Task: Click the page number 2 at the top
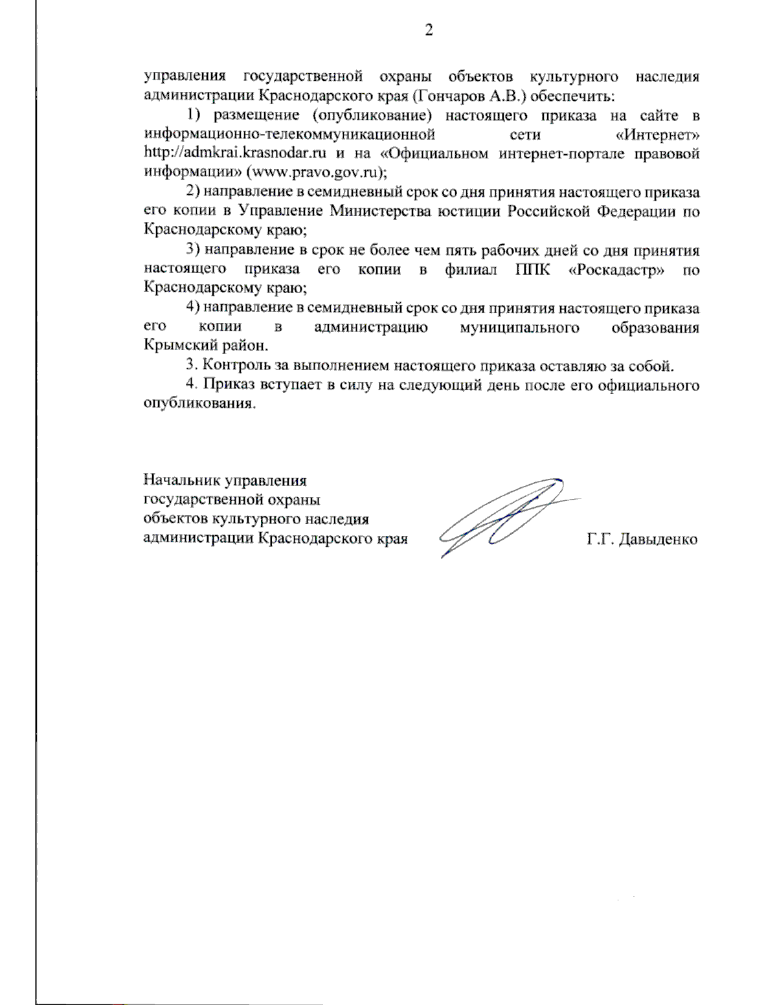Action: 428,30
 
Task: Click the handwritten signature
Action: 505,518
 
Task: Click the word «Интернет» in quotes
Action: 657,135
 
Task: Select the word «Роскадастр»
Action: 616,269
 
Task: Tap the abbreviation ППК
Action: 533,269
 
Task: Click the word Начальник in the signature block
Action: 181,480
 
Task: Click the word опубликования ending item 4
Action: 199,404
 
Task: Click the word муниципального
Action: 519,327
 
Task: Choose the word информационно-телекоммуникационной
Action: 289,135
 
